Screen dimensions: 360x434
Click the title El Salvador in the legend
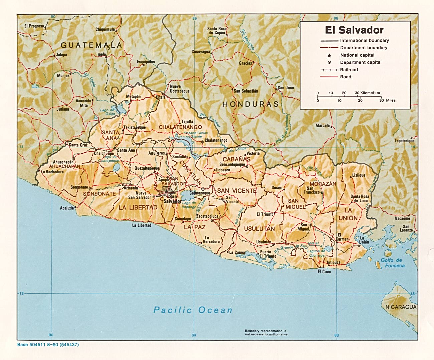[x=354, y=30]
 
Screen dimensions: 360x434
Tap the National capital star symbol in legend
[x=329, y=55]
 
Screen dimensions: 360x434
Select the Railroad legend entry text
[x=349, y=70]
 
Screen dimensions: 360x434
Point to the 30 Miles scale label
[x=388, y=100]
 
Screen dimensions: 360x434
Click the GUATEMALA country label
[x=91, y=45]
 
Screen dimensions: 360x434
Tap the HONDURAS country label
[x=250, y=104]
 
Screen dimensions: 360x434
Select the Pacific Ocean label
[x=193, y=310]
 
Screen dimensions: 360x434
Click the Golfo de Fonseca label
[x=393, y=263]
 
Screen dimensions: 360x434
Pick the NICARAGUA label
[x=401, y=307]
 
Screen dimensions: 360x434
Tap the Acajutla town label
[x=67, y=208]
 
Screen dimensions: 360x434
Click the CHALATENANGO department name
[x=180, y=127]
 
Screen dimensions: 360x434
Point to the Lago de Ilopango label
[x=189, y=205]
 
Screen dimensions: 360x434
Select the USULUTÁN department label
[x=259, y=229]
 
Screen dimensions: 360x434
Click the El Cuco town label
[x=324, y=272]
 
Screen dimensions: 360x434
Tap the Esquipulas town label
[x=146, y=62]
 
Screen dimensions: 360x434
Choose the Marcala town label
[x=322, y=126]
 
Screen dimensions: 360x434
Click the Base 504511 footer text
[x=48, y=345]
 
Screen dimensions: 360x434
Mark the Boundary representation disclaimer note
[x=266, y=332]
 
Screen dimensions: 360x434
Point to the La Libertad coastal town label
[x=142, y=225]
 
